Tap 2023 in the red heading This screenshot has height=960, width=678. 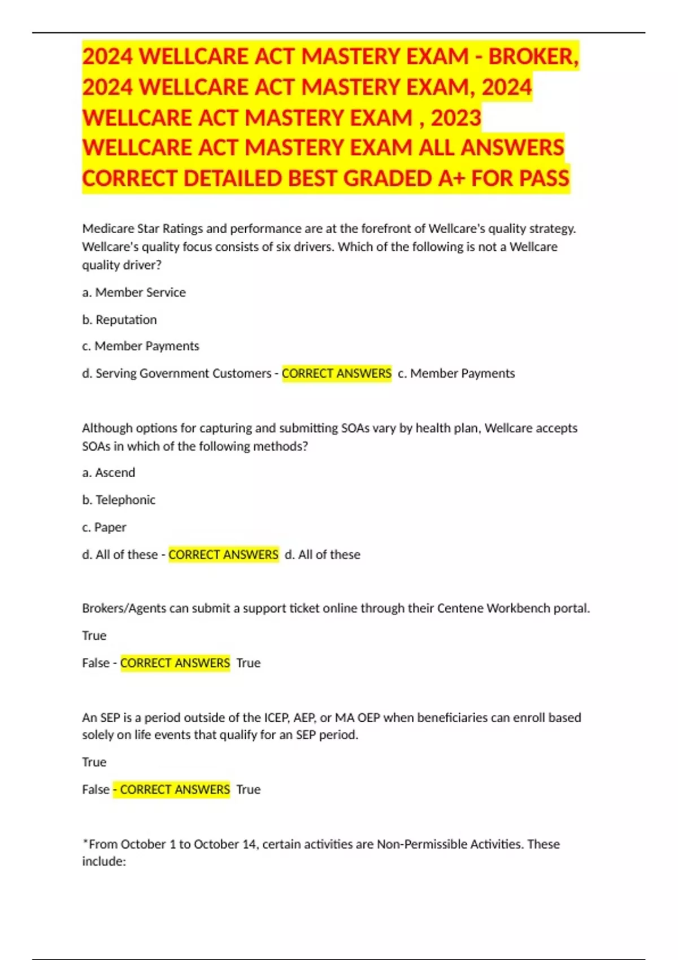tap(456, 118)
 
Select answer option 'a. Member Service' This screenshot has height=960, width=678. tap(134, 293)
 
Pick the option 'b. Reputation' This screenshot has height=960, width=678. tap(119, 320)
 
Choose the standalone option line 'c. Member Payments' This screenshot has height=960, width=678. tap(141, 346)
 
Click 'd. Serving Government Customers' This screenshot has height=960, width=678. tap(177, 373)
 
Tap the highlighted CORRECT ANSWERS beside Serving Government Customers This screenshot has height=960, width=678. tap(337, 373)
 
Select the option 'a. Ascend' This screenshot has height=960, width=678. tap(108, 473)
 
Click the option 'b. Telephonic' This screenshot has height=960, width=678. tap(119, 500)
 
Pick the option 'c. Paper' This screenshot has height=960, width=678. tap(104, 527)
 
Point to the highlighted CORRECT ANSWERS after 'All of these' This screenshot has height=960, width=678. tap(223, 555)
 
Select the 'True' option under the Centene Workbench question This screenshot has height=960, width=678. tap(94, 635)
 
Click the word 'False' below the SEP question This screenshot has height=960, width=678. tap(95, 789)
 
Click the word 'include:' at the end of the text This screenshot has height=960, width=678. tap(104, 861)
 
